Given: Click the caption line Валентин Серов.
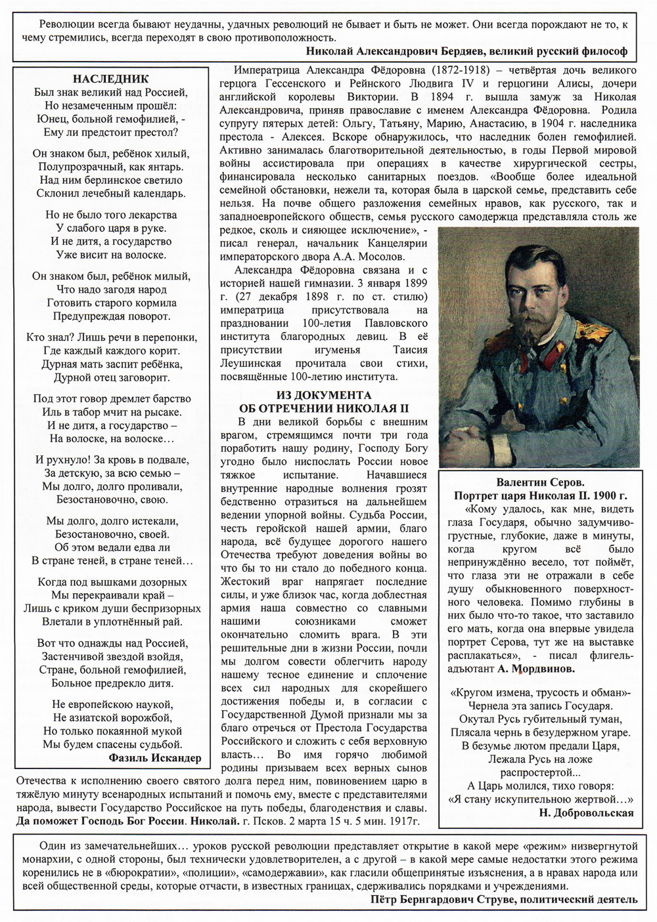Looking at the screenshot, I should tap(540, 482).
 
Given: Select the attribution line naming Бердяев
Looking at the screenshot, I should tap(466, 51).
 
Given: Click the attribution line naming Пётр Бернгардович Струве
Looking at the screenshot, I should tap(503, 898).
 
